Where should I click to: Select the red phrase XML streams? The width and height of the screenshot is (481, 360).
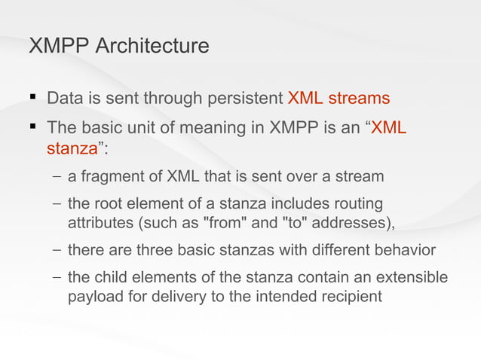(339, 99)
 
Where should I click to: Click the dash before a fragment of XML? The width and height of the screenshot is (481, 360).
(57, 177)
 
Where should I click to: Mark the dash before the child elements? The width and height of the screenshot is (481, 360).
(57, 278)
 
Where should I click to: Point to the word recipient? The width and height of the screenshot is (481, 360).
(350, 296)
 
